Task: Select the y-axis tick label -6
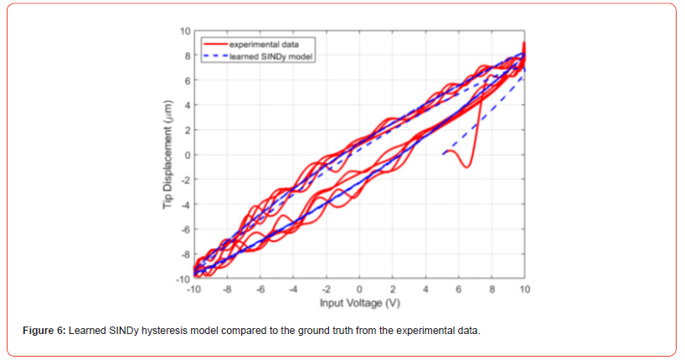(186, 229)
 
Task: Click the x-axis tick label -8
(227, 289)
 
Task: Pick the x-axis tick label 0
(359, 289)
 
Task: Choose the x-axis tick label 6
(459, 289)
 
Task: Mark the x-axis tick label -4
(293, 289)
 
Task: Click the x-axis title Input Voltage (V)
(360, 301)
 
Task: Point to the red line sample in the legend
(214, 40)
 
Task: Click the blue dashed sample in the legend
(214, 55)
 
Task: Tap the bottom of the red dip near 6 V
(466, 167)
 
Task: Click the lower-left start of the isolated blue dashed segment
(443, 154)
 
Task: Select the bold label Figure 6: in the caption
(44, 332)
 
